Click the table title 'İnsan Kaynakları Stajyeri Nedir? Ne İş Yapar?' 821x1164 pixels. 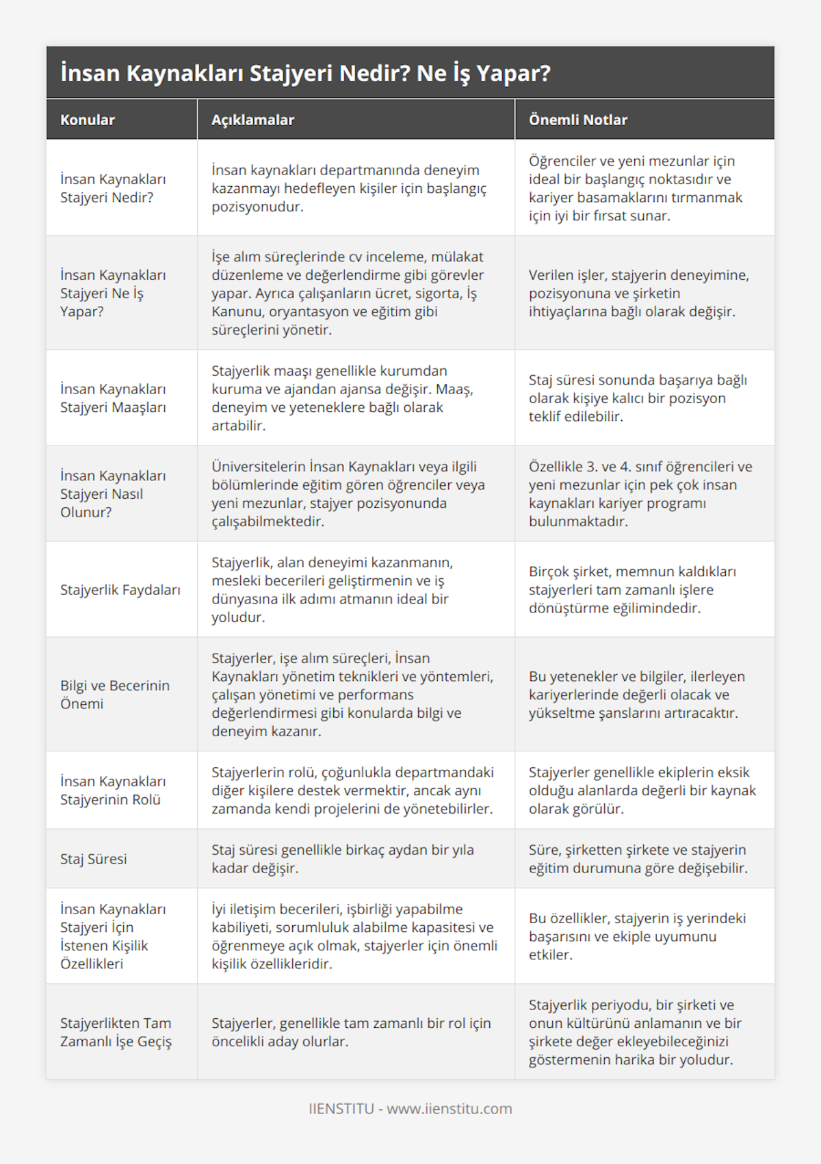point(305,73)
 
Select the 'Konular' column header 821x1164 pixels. point(88,120)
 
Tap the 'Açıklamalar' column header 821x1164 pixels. point(252,120)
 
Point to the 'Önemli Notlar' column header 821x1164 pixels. point(577,120)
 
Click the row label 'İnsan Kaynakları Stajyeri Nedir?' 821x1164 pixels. point(113,188)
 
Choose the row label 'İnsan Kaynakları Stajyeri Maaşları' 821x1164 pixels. point(113,398)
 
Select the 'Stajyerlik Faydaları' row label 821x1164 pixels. point(120,590)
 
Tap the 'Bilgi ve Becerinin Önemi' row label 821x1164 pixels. point(115,695)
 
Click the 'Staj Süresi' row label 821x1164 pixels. point(94,859)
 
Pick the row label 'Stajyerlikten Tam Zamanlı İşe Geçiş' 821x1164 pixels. point(116,1032)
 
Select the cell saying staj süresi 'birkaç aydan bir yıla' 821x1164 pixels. point(343,859)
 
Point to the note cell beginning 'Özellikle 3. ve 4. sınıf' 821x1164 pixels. point(640,494)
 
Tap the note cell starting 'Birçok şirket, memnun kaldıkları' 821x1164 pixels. point(632,590)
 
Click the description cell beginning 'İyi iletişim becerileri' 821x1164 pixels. point(354,936)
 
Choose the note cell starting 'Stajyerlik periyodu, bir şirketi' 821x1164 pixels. point(635,1032)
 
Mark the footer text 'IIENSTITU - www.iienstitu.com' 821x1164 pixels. point(410,1109)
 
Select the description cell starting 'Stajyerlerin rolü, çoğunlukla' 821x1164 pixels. point(352,790)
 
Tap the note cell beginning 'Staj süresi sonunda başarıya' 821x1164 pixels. point(638,398)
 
